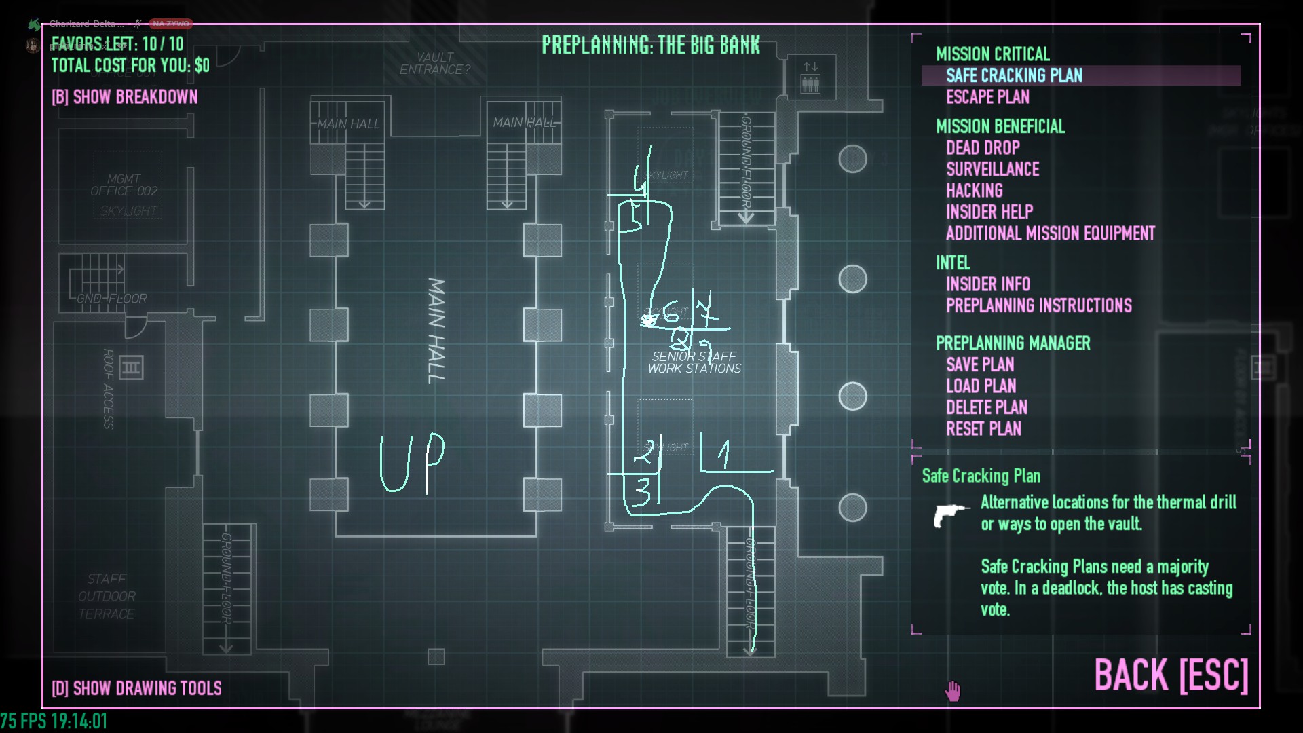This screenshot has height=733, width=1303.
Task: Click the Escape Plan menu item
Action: pyautogui.click(x=987, y=97)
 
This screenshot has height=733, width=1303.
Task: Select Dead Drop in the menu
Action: pyautogui.click(x=983, y=148)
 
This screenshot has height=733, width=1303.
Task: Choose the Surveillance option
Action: pyautogui.click(x=992, y=169)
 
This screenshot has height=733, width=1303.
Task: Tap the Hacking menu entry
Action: pyautogui.click(x=974, y=191)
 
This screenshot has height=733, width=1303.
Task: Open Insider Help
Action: pyautogui.click(x=989, y=212)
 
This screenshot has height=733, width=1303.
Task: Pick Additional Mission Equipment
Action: pyautogui.click(x=1050, y=233)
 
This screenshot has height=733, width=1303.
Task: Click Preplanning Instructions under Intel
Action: pyautogui.click(x=1038, y=305)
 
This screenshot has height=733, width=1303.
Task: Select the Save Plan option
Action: pyautogui.click(x=980, y=364)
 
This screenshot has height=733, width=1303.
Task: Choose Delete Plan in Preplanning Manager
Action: pyautogui.click(x=986, y=407)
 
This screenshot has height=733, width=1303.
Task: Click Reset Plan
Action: pyautogui.click(x=983, y=429)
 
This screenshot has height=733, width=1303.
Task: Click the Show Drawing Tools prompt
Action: pyautogui.click(x=136, y=688)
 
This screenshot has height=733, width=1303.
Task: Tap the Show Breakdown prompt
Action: pyautogui.click(x=125, y=97)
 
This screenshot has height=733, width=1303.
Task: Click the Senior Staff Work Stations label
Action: pyautogui.click(x=694, y=362)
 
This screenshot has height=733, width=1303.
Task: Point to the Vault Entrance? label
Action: pyautogui.click(x=434, y=64)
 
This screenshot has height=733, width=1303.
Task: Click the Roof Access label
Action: pyautogui.click(x=108, y=388)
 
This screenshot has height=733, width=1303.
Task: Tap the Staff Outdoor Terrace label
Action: pyautogui.click(x=107, y=596)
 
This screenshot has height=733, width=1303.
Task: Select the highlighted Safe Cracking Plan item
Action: pyautogui.click(x=1014, y=75)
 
